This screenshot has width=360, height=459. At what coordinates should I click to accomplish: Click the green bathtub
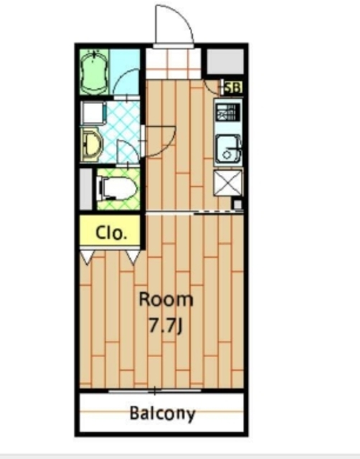(94, 72)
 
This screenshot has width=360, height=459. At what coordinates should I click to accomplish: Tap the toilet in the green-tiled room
(118, 188)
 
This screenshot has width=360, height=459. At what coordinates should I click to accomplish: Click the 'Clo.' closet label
(111, 233)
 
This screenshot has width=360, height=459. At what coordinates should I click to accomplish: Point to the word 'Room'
(166, 300)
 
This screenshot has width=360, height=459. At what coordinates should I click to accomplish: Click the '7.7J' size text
(166, 326)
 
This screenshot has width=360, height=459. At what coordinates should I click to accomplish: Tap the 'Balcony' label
(162, 413)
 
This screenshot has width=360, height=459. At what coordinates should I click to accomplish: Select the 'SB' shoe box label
(233, 87)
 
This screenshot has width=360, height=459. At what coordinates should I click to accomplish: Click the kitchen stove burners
(228, 113)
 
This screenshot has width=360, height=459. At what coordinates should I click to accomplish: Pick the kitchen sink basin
(228, 148)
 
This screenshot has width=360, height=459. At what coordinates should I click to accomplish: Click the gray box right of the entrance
(225, 62)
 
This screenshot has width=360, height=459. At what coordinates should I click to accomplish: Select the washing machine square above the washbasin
(94, 113)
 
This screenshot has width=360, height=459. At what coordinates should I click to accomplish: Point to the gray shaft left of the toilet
(86, 189)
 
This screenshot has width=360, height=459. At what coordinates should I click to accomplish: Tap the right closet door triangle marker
(133, 257)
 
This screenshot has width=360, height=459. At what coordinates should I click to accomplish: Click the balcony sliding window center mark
(155, 390)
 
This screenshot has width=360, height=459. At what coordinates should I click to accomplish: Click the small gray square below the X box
(237, 204)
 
